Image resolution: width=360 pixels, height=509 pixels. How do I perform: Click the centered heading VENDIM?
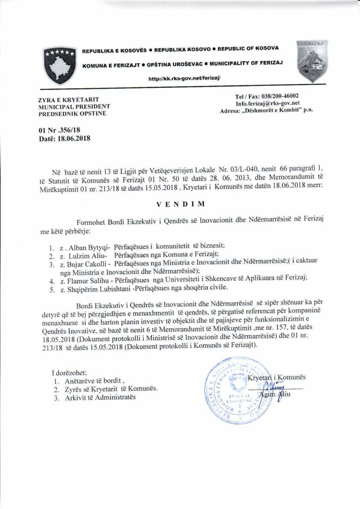180,205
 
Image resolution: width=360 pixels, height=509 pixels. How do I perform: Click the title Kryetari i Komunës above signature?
277,377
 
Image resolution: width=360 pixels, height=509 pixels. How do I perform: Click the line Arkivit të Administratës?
98,397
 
